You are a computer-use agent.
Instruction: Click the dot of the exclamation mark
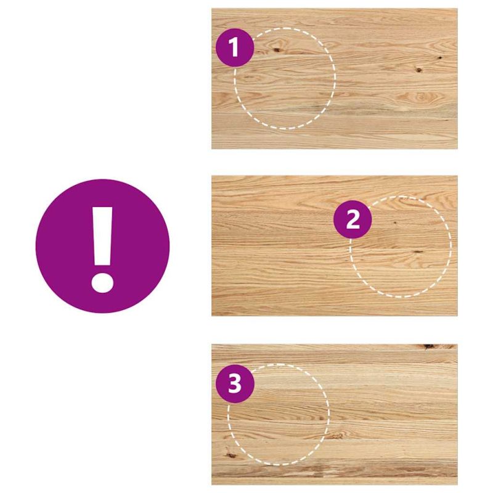(102, 283)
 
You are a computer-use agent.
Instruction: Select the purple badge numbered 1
(235, 47)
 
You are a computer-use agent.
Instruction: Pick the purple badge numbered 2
(352, 219)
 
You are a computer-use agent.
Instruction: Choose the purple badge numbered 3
(235, 383)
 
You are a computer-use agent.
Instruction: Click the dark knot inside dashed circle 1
(277, 49)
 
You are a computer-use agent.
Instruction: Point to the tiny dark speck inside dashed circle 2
(395, 222)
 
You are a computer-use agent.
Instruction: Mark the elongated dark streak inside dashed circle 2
(418, 252)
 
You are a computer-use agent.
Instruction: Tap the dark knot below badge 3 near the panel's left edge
(231, 455)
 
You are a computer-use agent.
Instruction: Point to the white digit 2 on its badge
(352, 219)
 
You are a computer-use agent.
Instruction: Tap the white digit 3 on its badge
(235, 383)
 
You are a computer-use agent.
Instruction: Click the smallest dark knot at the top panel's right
(440, 58)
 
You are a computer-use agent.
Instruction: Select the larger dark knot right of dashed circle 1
(419, 70)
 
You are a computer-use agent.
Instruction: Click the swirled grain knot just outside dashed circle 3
(336, 435)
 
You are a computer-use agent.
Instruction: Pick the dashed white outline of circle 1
(335, 78)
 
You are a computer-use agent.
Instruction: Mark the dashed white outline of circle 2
(451, 246)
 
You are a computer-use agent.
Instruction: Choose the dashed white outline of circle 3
(329, 414)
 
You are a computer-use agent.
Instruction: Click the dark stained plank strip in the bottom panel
(335, 471)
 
